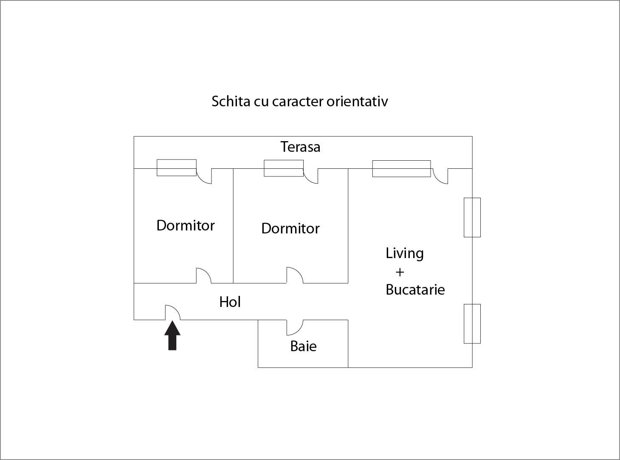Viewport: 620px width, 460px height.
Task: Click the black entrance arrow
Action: pos(172,335)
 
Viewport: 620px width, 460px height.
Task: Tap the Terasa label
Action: pos(300,147)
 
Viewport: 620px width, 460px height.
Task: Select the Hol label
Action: pos(230,302)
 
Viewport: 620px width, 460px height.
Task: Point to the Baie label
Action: pos(303,346)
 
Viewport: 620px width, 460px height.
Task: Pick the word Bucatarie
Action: pos(415,290)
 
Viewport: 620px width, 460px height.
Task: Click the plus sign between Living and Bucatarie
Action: pos(400,272)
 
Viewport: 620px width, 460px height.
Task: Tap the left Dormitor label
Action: pos(185,225)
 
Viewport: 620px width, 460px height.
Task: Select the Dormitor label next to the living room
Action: pos(290,228)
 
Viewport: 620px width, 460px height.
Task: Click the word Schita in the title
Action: pos(231,101)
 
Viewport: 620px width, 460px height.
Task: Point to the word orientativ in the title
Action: pos(357,101)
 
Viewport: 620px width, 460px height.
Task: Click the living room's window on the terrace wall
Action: pos(401,168)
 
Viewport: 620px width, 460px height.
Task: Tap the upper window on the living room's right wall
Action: pos(472,218)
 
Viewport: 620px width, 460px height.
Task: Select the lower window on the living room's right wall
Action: pos(472,324)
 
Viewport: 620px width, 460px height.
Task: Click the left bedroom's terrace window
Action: pos(176,168)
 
